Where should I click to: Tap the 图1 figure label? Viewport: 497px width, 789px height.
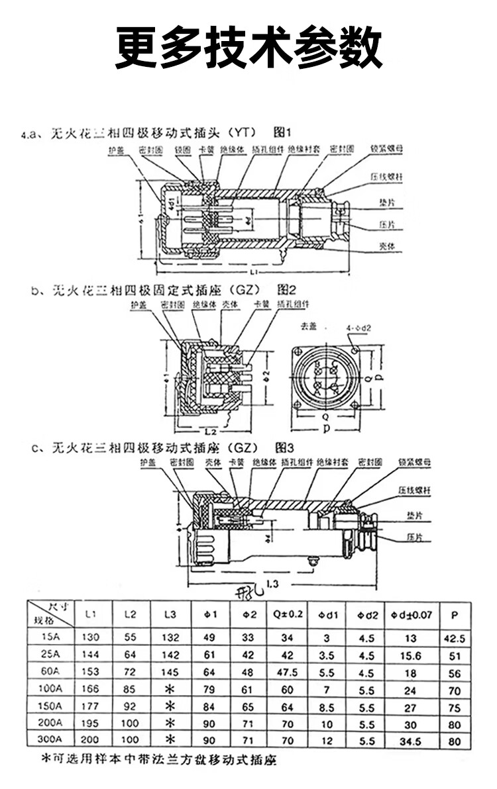284,132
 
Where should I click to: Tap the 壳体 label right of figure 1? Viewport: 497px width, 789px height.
388,246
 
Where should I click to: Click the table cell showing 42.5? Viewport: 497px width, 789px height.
454,639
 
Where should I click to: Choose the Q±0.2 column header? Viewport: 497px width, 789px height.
287,615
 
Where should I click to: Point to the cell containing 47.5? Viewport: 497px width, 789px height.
287,673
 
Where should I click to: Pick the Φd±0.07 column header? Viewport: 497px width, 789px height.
411,615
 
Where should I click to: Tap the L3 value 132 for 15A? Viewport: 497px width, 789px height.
170,639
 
